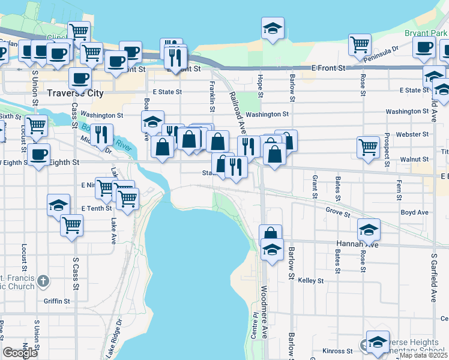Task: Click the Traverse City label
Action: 76,94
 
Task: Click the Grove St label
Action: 337,211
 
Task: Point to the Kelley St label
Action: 311,280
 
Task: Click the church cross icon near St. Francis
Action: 43,281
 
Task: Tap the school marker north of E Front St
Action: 273,28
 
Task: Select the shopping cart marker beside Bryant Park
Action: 360,44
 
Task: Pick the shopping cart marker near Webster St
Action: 367,146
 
